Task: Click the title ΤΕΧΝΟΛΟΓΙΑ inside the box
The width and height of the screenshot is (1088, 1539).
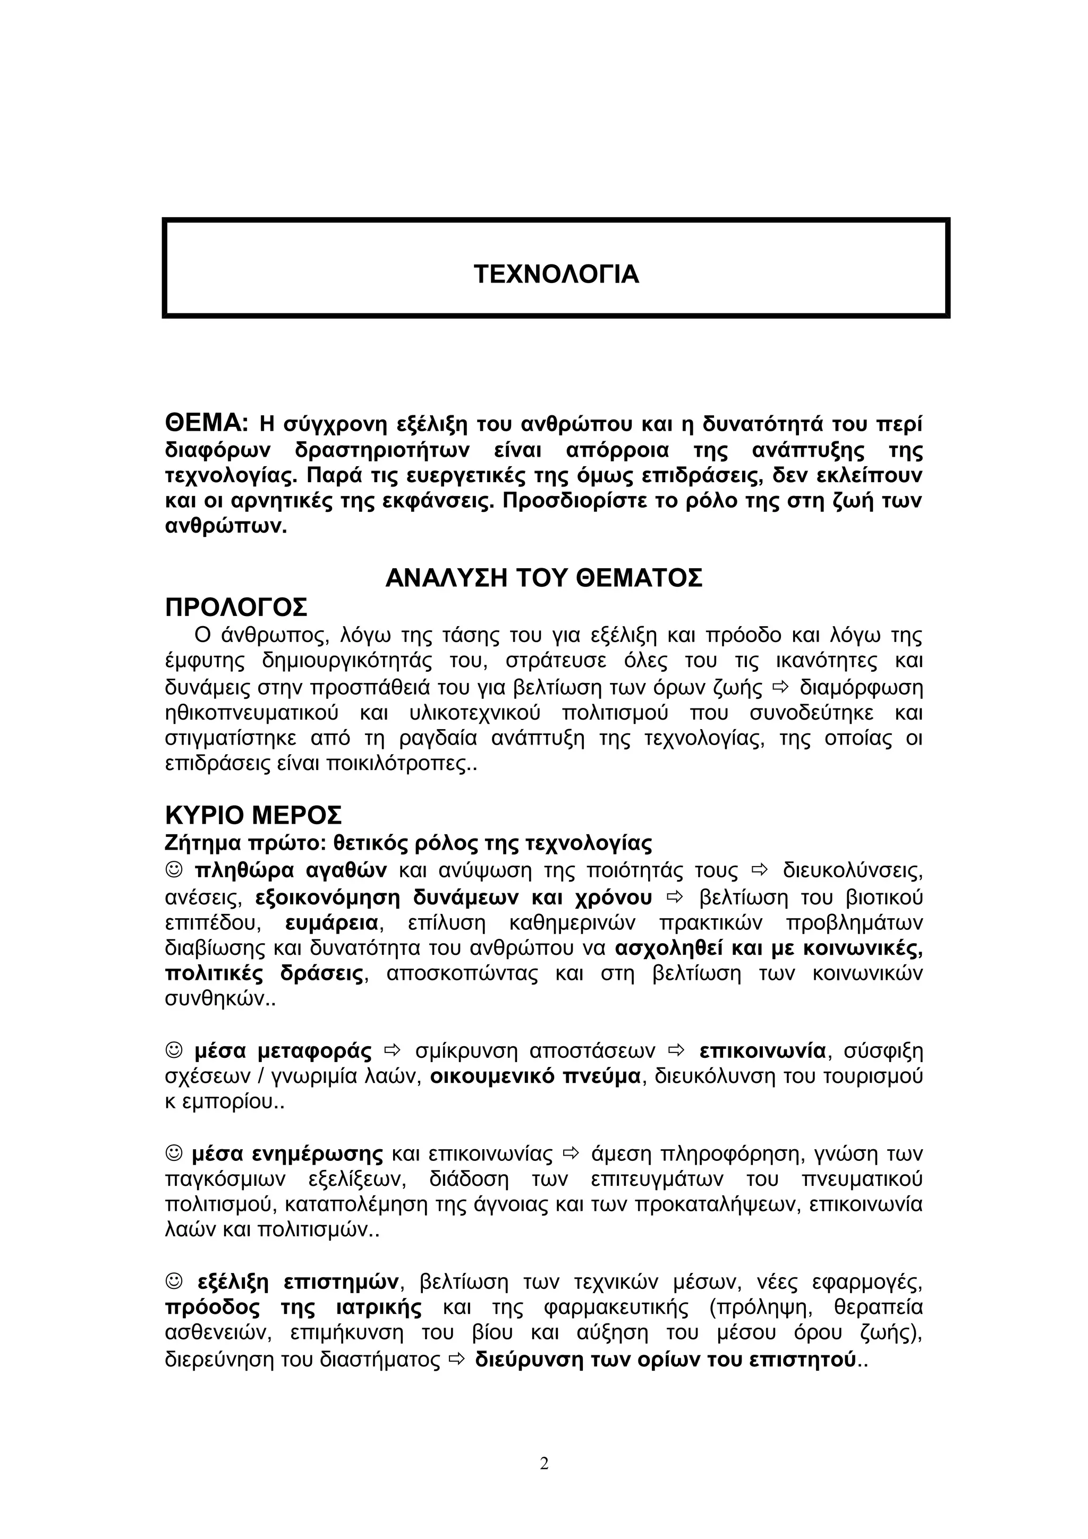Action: pos(556,274)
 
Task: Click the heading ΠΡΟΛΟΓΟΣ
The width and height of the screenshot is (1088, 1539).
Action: pos(236,608)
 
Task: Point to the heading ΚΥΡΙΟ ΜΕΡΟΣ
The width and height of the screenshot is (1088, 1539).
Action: pos(253,816)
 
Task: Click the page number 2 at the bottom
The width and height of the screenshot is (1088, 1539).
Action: pos(543,1463)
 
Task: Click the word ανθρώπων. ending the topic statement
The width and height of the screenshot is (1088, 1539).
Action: pos(225,526)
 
